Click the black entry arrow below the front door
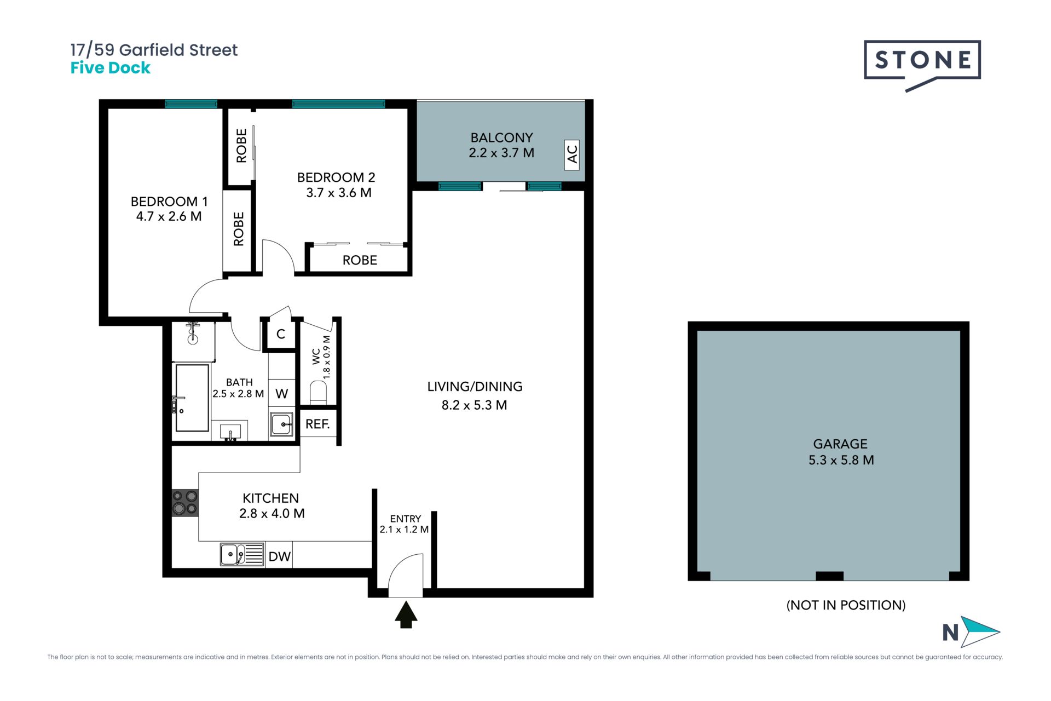click(406, 614)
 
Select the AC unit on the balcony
click(571, 154)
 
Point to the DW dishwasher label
click(279, 556)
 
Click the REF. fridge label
click(317, 424)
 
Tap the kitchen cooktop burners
click(185, 503)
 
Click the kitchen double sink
click(242, 554)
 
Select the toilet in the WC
click(318, 392)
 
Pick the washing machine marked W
click(281, 393)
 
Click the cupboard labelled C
click(280, 334)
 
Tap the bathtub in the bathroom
click(192, 398)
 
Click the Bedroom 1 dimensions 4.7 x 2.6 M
click(169, 216)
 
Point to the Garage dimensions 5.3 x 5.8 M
click(841, 460)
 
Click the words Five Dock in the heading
click(111, 68)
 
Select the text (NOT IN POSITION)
click(846, 605)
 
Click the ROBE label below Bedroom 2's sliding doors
click(360, 260)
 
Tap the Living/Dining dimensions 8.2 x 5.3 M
click(475, 405)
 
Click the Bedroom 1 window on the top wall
click(191, 104)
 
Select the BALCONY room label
click(501, 137)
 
